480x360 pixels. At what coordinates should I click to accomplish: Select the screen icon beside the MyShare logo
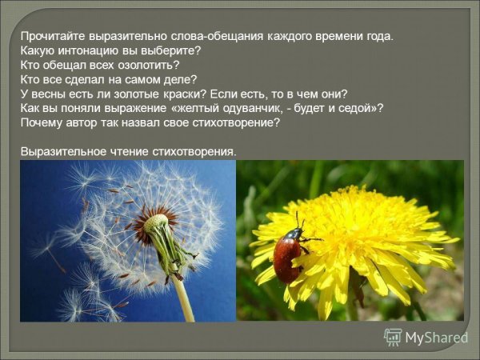click(393, 337)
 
